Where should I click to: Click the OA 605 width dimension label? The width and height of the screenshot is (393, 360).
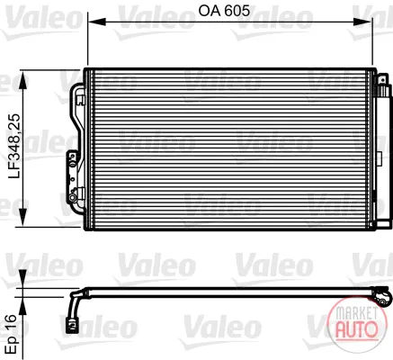click(224, 11)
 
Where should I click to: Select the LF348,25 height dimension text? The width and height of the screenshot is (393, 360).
click(14, 146)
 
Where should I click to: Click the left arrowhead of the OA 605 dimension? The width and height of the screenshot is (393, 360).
click(96, 22)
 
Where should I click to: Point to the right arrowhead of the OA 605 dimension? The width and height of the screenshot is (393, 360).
click(362, 22)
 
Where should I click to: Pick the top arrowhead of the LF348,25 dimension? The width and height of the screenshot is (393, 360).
click(22, 80)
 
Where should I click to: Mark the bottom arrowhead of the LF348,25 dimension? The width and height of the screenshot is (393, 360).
click(22, 217)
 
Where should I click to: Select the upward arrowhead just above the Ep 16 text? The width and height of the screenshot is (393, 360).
click(22, 306)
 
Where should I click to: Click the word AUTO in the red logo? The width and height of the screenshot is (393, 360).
click(357, 329)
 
